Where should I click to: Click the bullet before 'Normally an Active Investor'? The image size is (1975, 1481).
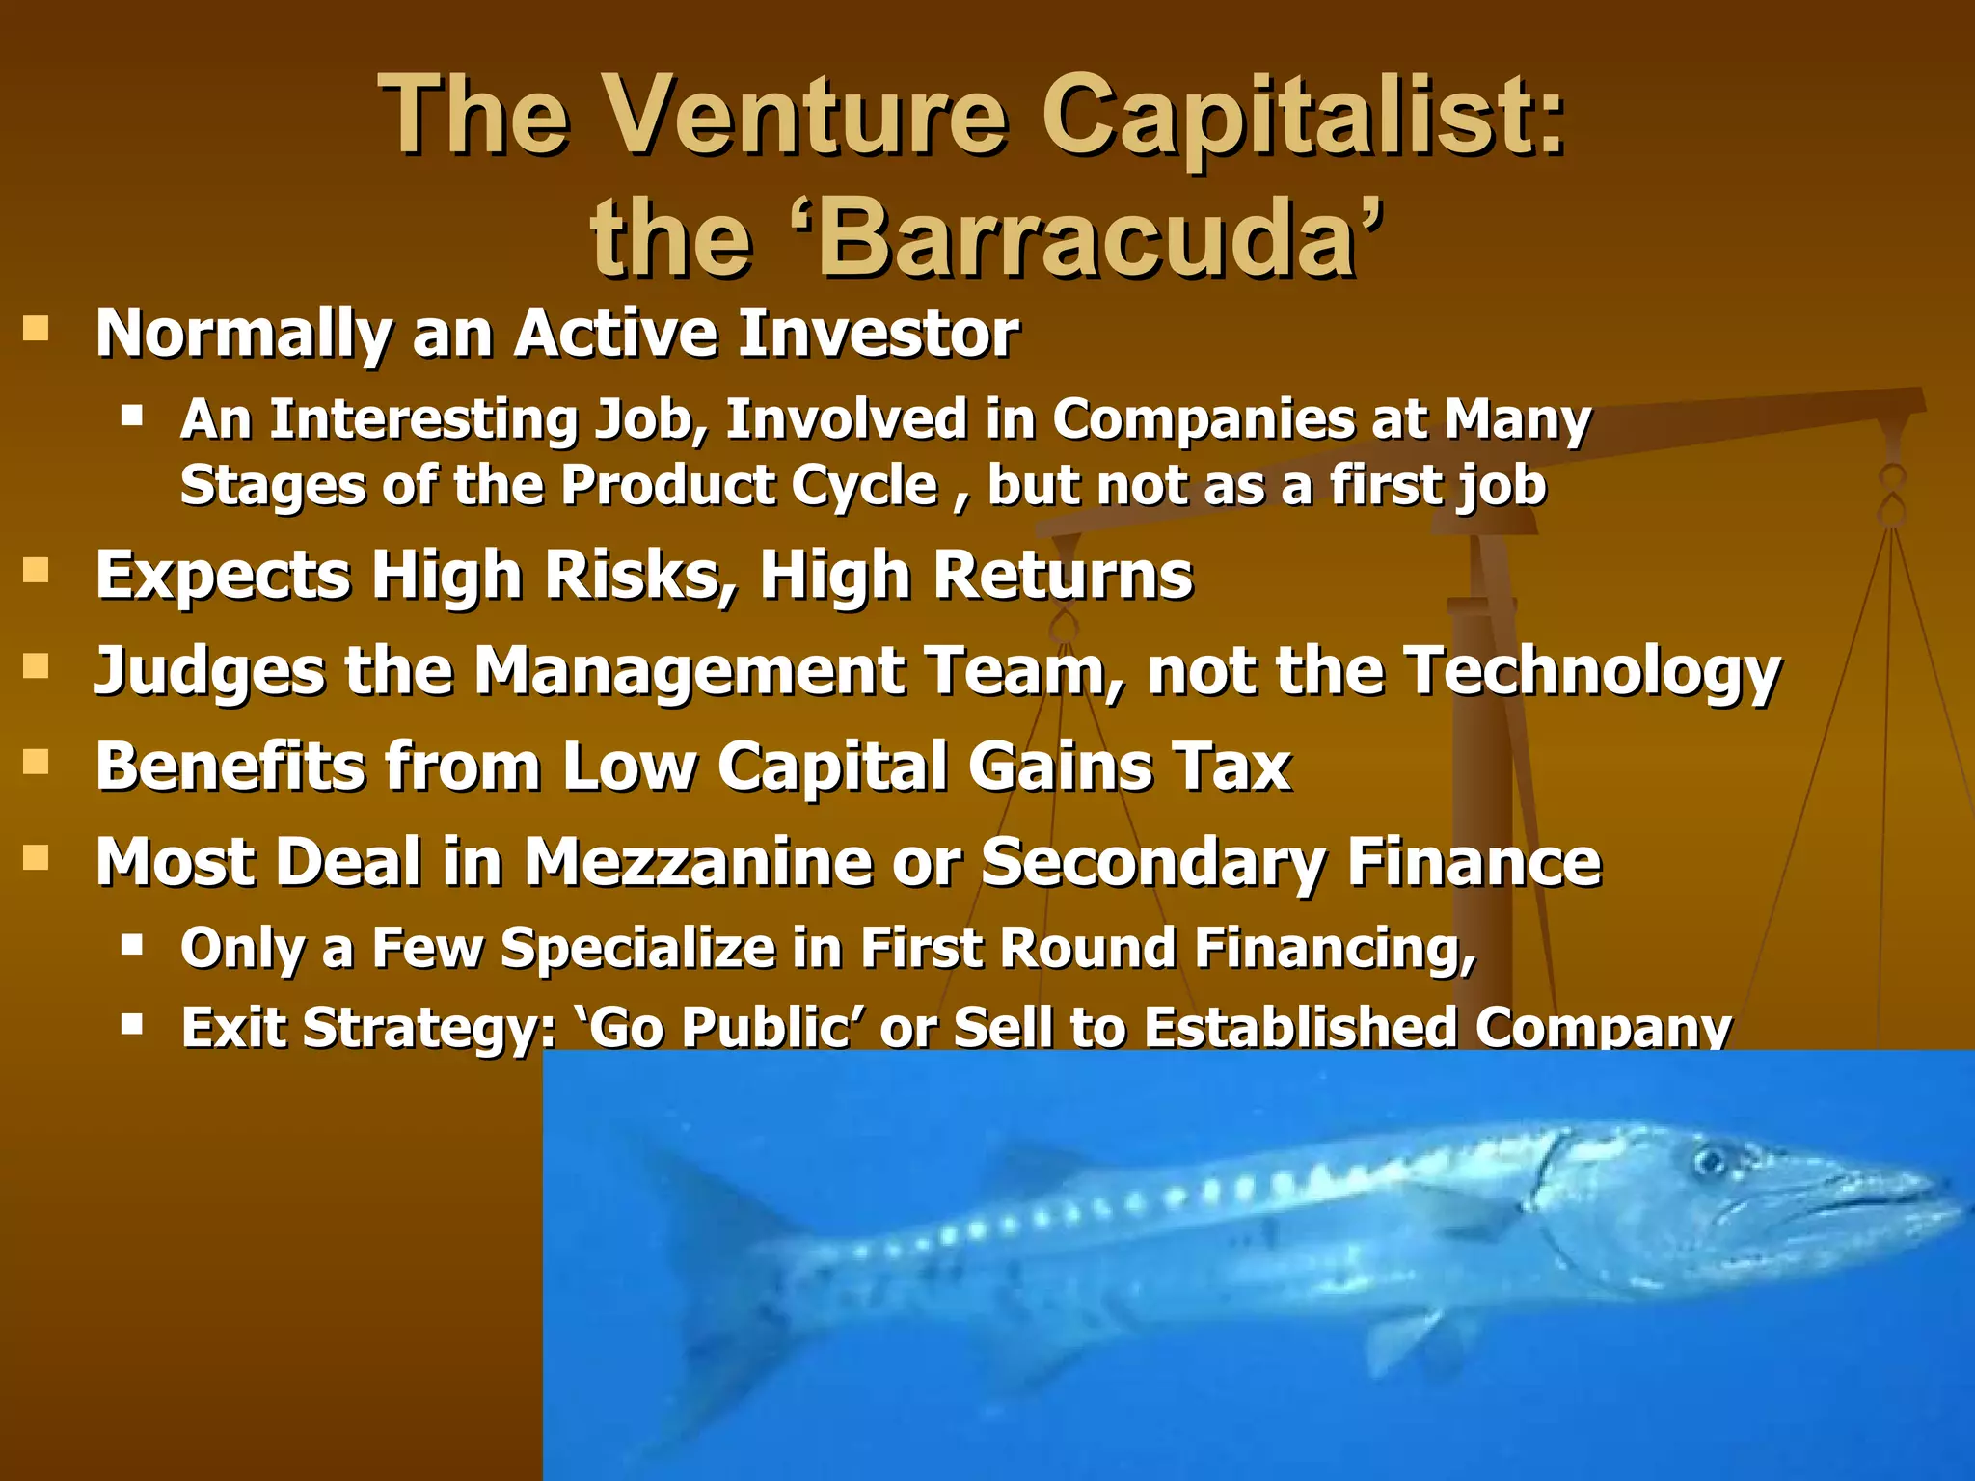pos(36,330)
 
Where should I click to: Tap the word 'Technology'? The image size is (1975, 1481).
pos(1592,672)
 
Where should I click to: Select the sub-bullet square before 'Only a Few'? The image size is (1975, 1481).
pos(132,943)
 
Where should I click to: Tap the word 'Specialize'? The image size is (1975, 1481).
pos(638,948)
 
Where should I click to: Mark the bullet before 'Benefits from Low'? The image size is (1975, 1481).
pos(36,763)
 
